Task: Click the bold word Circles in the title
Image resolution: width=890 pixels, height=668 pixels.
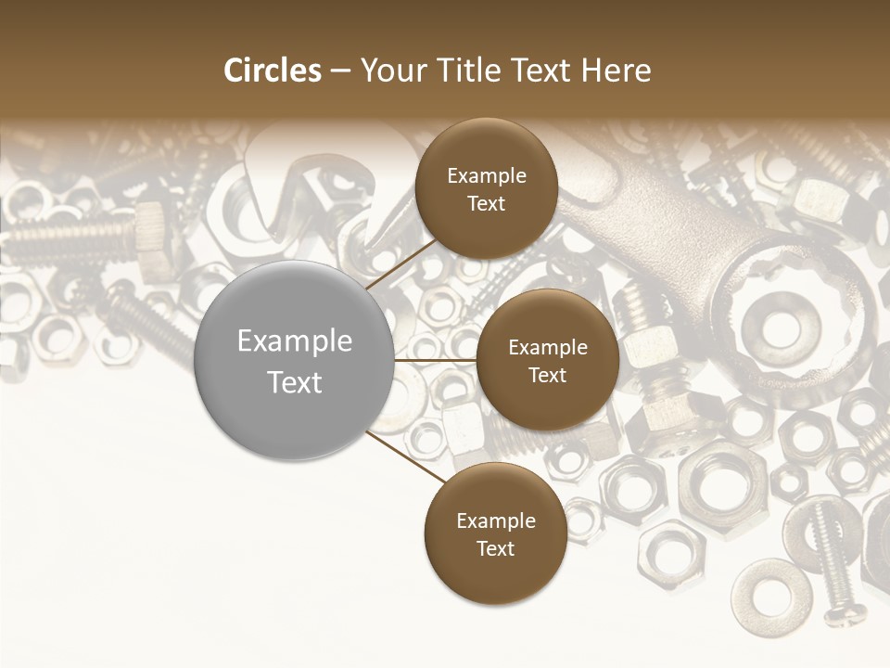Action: (273, 71)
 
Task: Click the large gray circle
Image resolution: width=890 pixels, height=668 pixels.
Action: (295, 360)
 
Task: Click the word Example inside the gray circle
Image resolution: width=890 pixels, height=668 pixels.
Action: (295, 341)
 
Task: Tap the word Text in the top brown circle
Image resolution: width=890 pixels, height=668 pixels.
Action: (486, 203)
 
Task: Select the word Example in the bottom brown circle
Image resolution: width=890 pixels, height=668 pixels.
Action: (495, 520)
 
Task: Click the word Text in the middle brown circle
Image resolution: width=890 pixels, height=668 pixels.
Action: (547, 375)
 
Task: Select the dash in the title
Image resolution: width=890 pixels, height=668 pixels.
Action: (340, 71)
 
